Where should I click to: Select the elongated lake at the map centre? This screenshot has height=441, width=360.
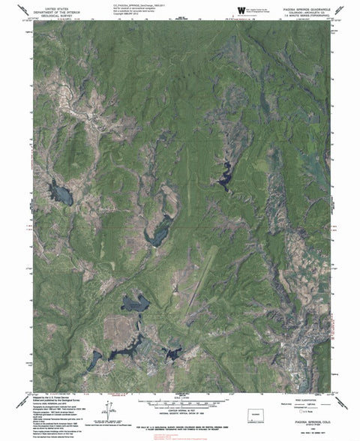159,238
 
